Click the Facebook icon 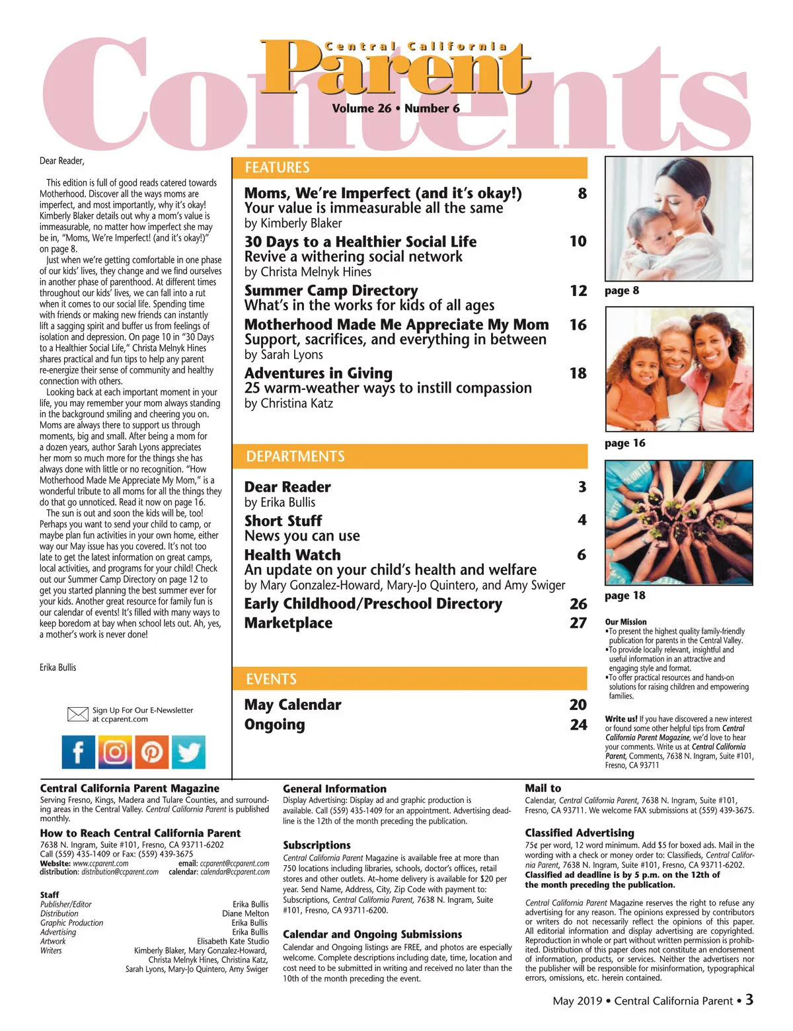pos(79,752)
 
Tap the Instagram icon pos(115,752)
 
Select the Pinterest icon pos(152,752)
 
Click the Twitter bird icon pos(188,752)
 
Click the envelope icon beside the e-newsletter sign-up pos(78,714)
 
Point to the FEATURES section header pos(277,168)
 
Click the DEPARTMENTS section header pos(295,457)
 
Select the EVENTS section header pos(271,679)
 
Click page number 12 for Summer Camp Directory pos(578,291)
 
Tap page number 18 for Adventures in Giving pos(578,373)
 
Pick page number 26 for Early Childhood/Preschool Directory pos(578,604)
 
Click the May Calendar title pos(293,705)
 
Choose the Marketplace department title pos(288,623)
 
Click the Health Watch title pos(293,555)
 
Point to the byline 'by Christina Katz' pos(289,403)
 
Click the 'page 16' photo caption pos(624,443)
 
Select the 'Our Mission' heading pos(626,622)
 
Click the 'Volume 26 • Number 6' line pos(396,108)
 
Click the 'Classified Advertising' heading pos(580,833)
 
